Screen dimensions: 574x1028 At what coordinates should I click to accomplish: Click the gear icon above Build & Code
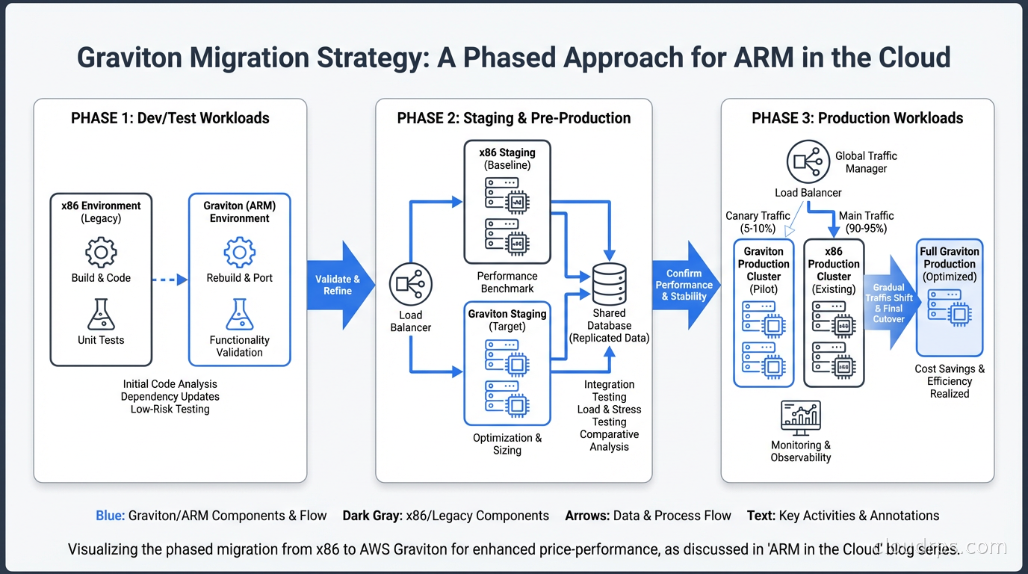[x=101, y=253]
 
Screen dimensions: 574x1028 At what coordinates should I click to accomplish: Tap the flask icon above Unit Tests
[x=101, y=314]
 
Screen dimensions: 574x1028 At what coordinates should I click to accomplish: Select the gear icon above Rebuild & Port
[x=240, y=253]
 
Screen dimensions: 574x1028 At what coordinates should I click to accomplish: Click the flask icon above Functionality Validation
[x=240, y=314]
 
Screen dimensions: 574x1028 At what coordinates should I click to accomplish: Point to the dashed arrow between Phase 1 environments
[x=169, y=280]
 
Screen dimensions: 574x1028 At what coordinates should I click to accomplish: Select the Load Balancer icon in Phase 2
[x=410, y=286]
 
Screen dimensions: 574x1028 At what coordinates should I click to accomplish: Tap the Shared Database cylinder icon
[x=609, y=283]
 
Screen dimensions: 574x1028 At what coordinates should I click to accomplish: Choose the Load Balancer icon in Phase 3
[x=808, y=161]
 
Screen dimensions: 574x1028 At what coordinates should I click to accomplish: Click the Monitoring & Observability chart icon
[x=800, y=417]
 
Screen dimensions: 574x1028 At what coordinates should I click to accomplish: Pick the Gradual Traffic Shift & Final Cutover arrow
[x=891, y=303]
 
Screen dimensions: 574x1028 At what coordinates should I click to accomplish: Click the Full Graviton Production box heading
[x=950, y=258]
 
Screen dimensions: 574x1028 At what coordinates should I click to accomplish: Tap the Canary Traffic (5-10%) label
[x=758, y=222]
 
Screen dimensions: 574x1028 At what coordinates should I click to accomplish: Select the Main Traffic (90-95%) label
[x=866, y=222]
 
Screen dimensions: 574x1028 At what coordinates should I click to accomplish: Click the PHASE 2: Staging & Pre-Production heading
[x=514, y=118]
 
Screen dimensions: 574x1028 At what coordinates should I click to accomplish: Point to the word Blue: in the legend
[x=110, y=516]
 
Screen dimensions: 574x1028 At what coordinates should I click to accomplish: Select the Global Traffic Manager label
[x=866, y=162]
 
